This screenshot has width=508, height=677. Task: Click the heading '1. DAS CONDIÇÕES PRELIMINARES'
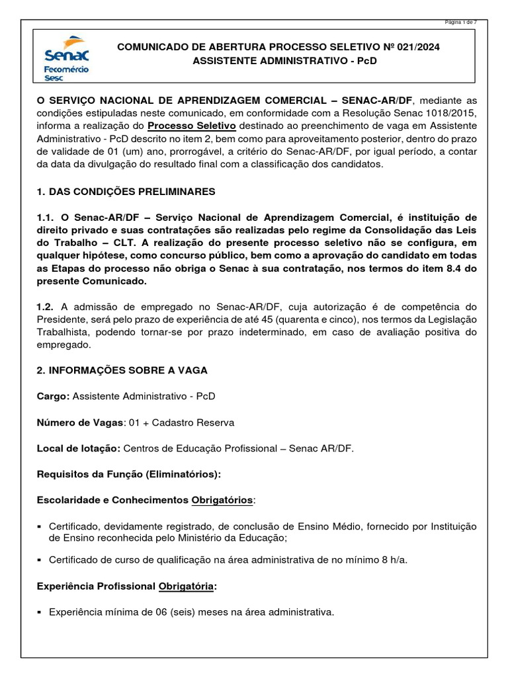click(126, 192)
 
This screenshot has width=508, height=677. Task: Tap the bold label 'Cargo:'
click(54, 396)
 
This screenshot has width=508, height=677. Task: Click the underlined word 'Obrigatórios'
click(222, 500)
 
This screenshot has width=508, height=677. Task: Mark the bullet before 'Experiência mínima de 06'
click(40, 612)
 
